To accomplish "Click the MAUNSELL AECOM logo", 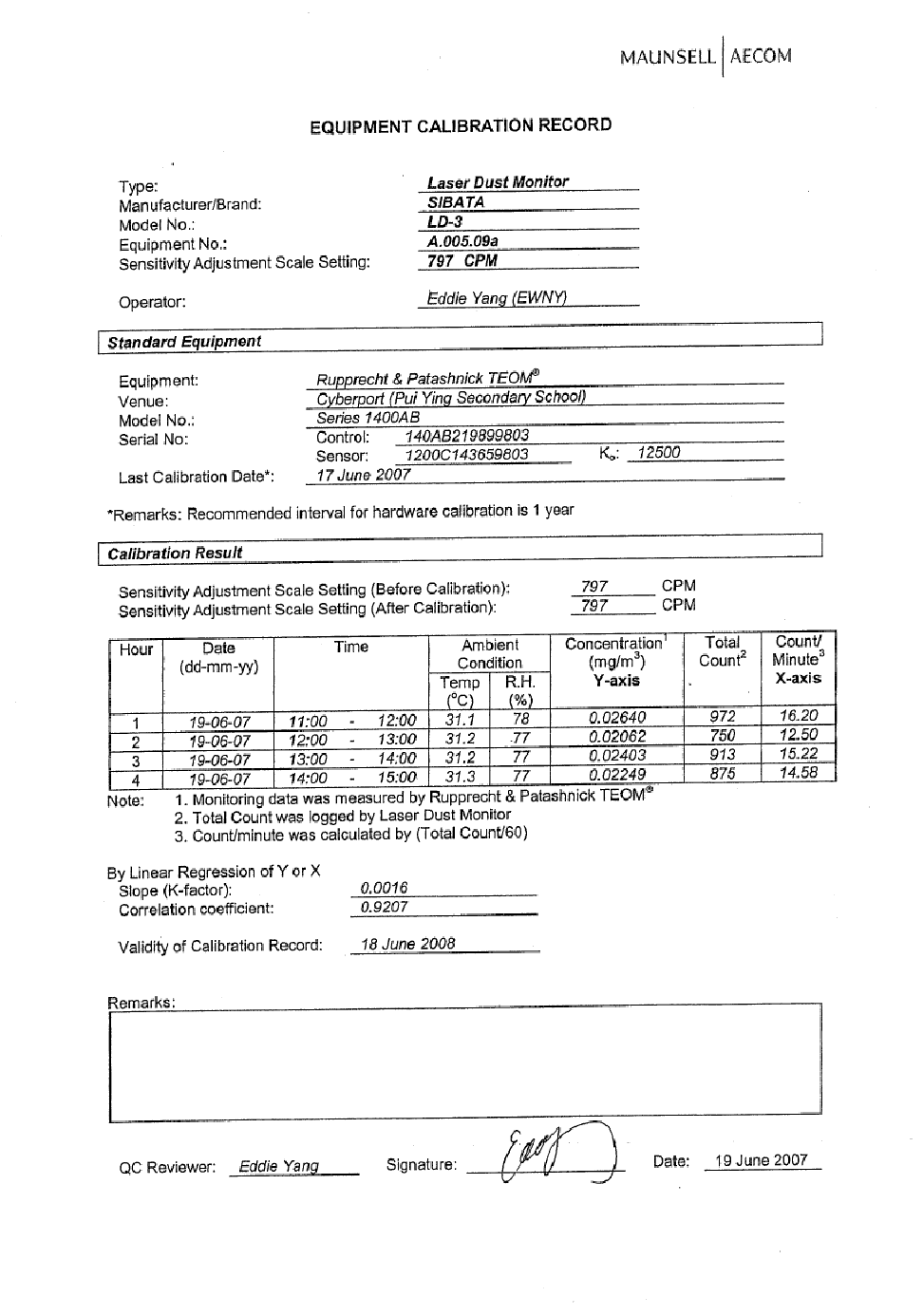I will point(706,56).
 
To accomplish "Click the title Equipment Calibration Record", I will point(461,126).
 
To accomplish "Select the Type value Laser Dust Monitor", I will point(498,182).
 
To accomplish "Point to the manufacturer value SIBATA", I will point(456,202).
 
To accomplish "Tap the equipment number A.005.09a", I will point(462,241).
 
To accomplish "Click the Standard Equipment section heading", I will point(184,342).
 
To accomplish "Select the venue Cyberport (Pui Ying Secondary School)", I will point(451,398).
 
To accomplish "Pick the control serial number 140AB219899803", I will point(467,436).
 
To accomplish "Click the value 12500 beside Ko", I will point(658,453).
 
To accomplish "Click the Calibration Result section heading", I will point(175,553).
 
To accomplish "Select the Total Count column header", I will point(722,651).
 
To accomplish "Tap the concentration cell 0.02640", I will point(617,718).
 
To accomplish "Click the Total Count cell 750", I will point(723,736).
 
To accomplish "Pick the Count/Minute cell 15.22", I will point(799,754).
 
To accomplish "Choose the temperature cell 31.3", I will point(461,776).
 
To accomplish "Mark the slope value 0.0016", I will point(385,889).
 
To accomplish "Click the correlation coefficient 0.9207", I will point(385,908).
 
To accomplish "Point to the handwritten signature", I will point(551,1155).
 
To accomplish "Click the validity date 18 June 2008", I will point(408,944).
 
